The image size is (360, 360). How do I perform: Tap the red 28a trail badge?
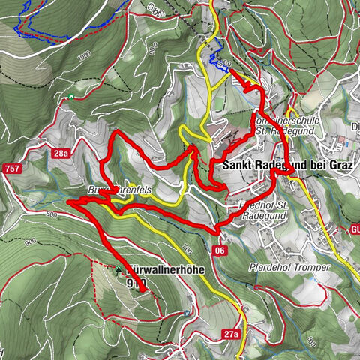click(61, 153)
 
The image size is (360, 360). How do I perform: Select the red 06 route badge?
click(220, 250)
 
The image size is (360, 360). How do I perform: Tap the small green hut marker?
click(71, 97)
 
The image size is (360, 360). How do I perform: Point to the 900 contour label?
click(29, 241)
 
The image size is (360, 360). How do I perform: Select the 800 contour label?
click(50, 215)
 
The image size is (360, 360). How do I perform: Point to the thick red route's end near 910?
click(142, 289)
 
